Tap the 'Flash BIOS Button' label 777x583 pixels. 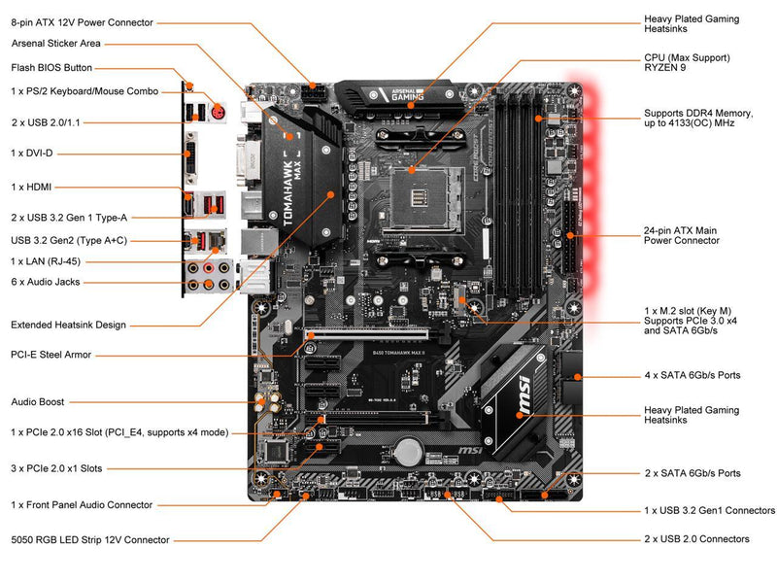click(51, 68)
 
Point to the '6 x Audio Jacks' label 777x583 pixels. click(46, 282)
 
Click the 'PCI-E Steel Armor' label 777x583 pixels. click(51, 355)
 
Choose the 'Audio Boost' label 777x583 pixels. click(38, 401)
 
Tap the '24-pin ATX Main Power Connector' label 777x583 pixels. click(680, 235)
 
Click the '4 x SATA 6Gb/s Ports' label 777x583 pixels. click(693, 375)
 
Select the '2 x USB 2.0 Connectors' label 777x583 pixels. click(696, 538)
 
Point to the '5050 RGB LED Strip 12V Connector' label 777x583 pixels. click(90, 539)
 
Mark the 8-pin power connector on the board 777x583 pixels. click(313, 94)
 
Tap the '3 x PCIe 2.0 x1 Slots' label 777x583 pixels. click(56, 468)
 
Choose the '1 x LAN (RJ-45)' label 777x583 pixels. click(47, 261)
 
